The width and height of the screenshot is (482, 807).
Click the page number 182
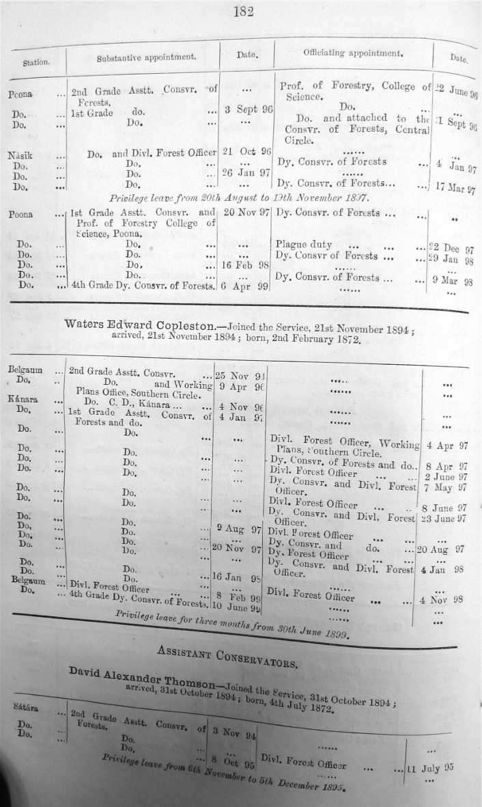(x=243, y=11)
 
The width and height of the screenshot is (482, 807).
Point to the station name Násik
(x=20, y=155)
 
